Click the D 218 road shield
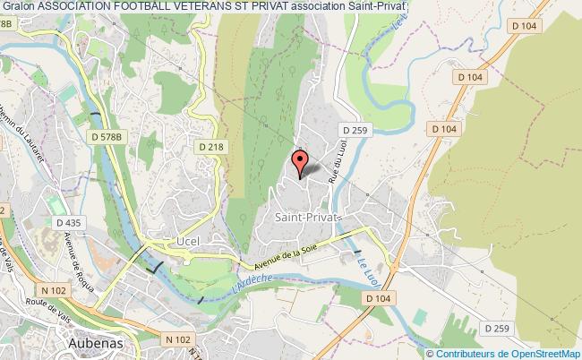click(211, 146)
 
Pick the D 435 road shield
click(67, 222)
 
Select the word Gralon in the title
click(18, 6)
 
